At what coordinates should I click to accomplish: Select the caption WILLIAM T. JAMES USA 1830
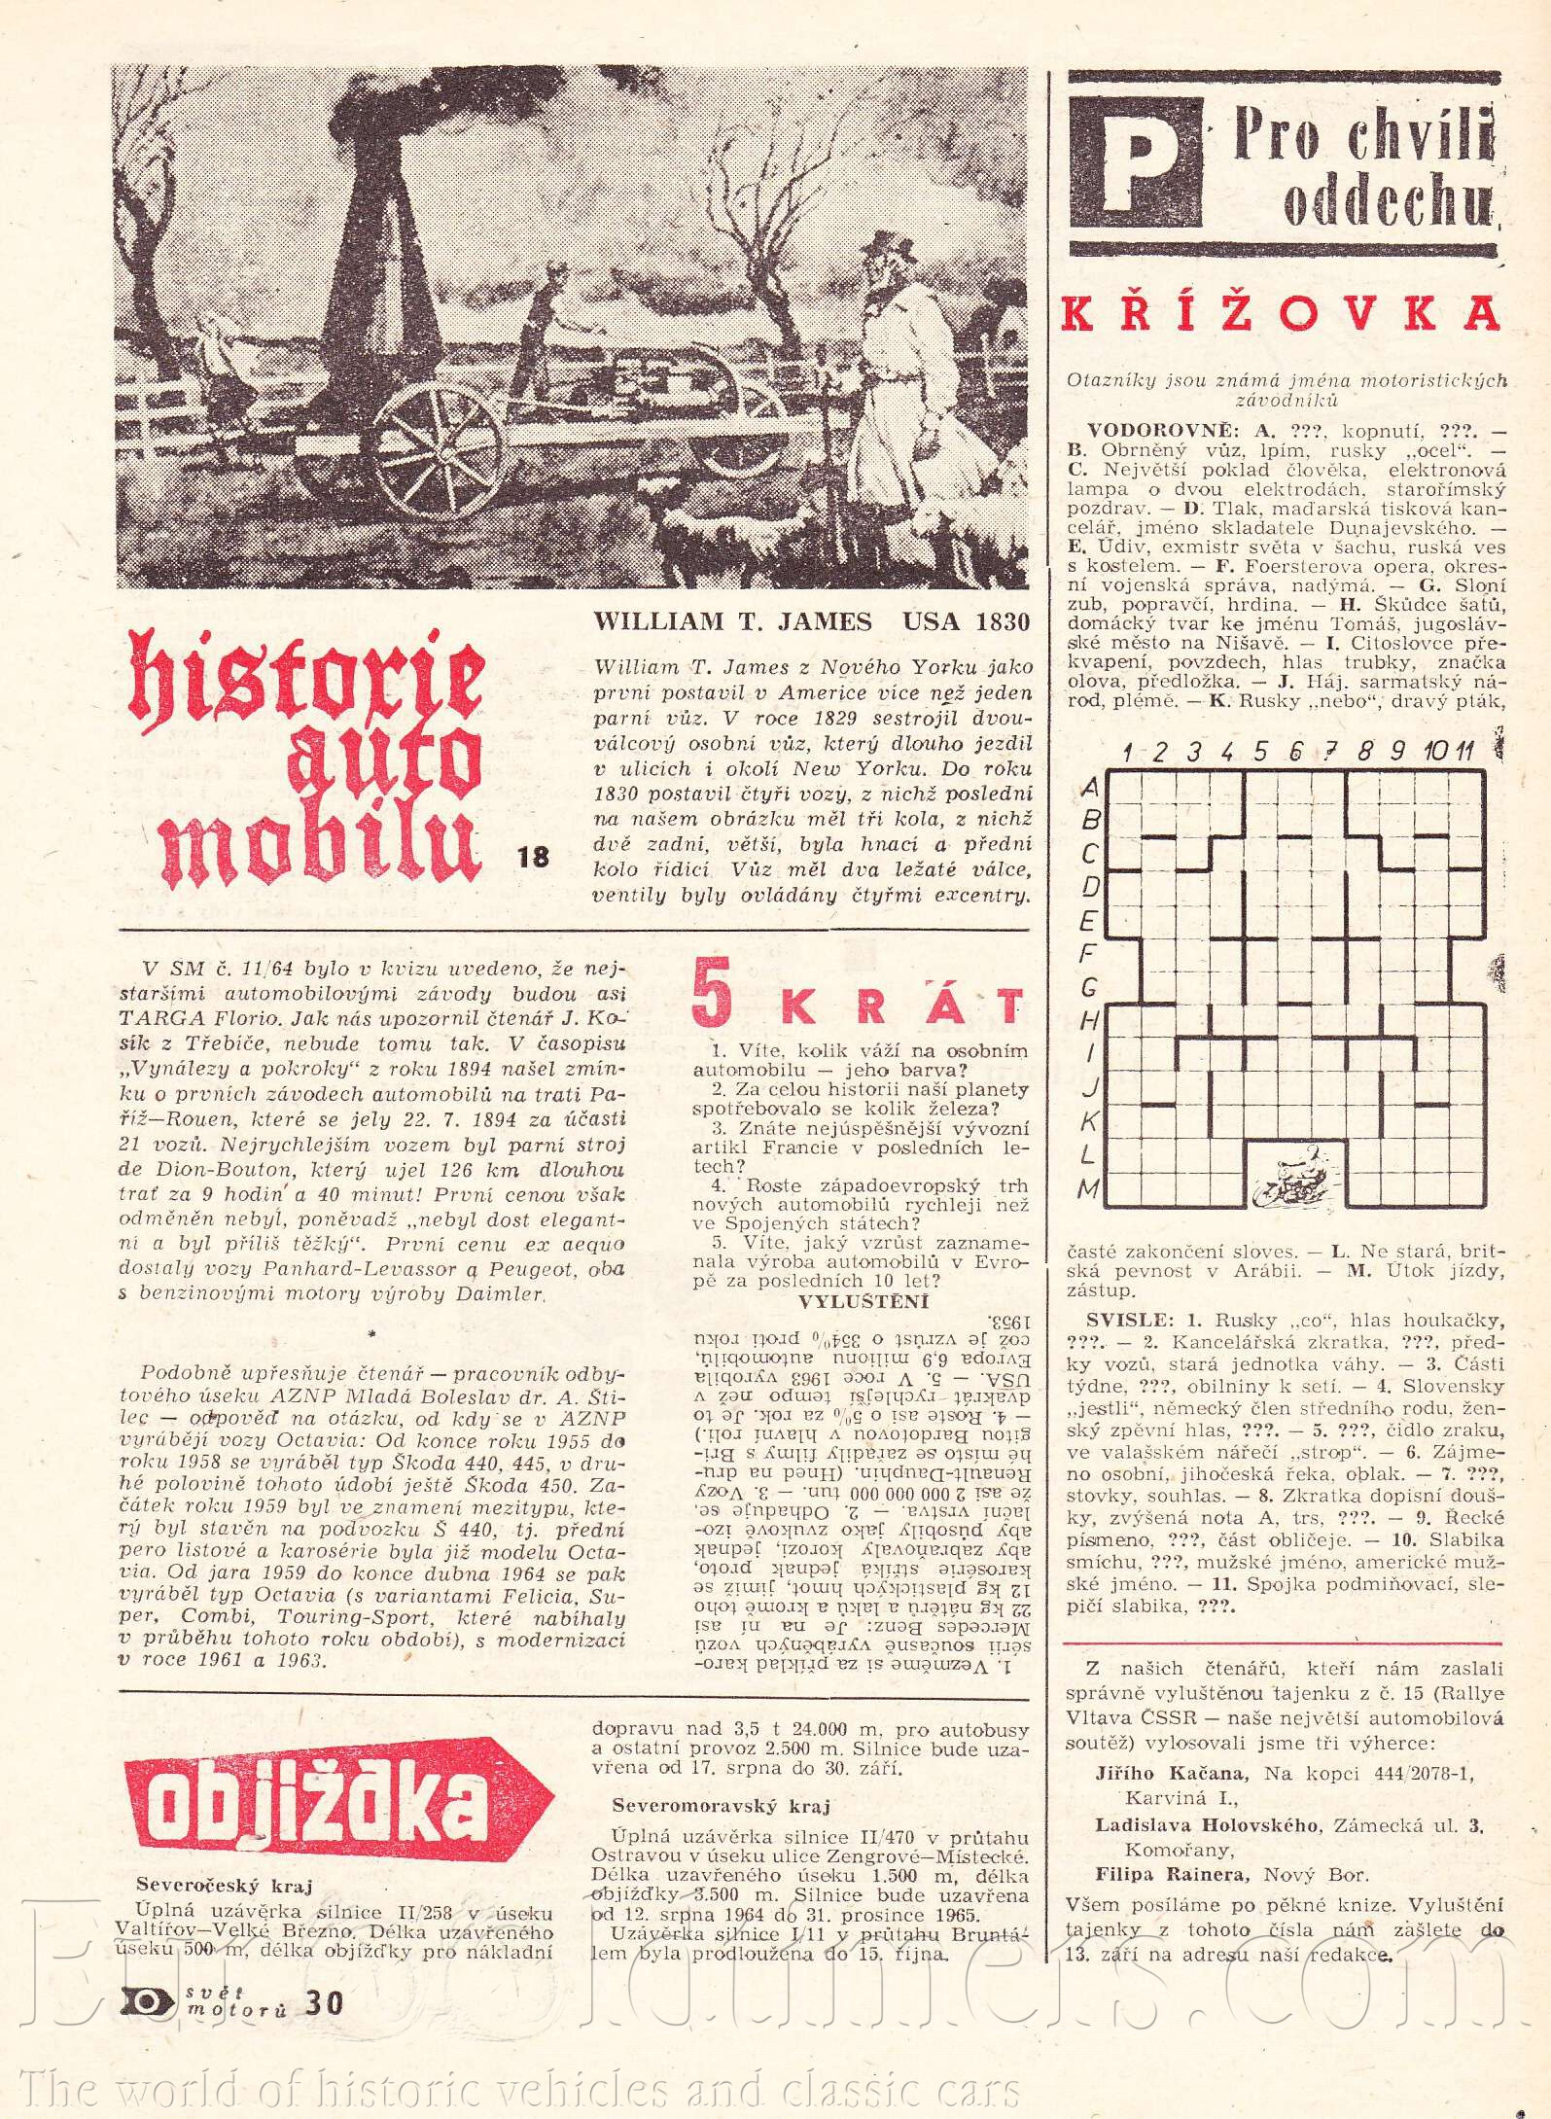click(811, 622)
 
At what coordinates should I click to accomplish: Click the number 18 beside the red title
click(534, 857)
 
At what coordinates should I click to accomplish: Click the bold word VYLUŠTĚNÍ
click(863, 1302)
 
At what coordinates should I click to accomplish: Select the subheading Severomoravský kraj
click(721, 1806)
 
